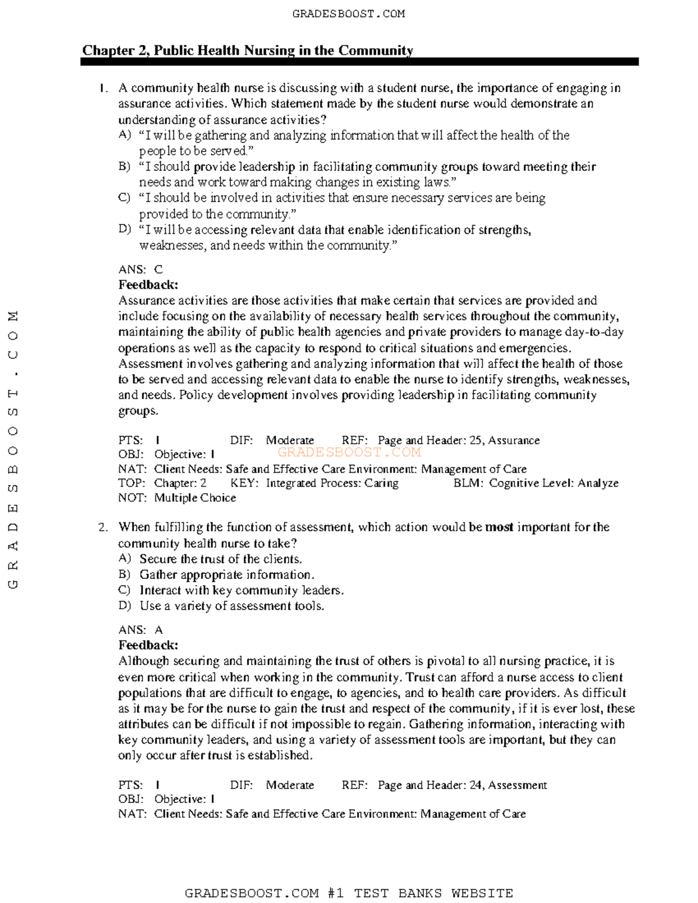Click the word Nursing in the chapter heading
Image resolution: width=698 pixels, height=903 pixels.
pyautogui.click(x=269, y=51)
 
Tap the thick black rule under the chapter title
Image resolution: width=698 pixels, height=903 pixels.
pyautogui.click(x=359, y=62)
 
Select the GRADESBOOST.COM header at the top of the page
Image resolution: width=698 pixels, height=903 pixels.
pyautogui.click(x=348, y=13)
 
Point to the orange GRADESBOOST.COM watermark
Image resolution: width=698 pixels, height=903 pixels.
pyautogui.click(x=349, y=452)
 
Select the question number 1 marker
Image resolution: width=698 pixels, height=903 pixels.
pyautogui.click(x=103, y=88)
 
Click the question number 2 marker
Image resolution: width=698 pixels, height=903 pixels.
pyautogui.click(x=103, y=527)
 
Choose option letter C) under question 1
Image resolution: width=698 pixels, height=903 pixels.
pyautogui.click(x=124, y=198)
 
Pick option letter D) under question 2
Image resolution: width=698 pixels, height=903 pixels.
pyautogui.click(x=124, y=606)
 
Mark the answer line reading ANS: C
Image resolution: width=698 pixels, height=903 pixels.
pyautogui.click(x=140, y=269)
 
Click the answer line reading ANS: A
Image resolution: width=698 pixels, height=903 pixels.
pyautogui.click(x=140, y=630)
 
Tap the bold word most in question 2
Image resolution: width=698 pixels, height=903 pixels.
pyautogui.click(x=499, y=527)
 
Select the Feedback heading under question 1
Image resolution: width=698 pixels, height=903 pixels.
pyautogui.click(x=148, y=285)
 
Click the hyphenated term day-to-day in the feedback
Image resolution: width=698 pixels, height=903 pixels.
pyautogui.click(x=594, y=332)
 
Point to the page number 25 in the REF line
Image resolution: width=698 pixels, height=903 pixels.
pyautogui.click(x=475, y=440)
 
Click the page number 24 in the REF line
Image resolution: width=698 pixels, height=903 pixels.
pyautogui.click(x=475, y=785)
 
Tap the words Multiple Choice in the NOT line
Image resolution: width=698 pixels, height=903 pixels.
pyautogui.click(x=195, y=498)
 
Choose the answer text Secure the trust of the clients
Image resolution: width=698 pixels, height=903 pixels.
pyautogui.click(x=220, y=559)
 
